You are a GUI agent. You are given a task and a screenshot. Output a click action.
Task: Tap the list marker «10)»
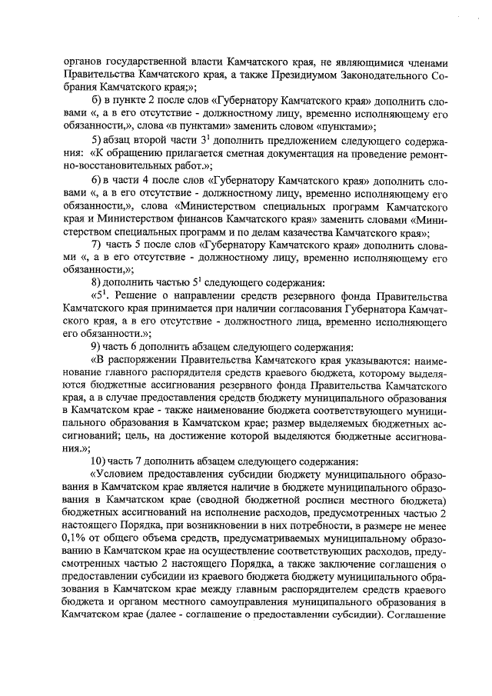coord(101,461)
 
